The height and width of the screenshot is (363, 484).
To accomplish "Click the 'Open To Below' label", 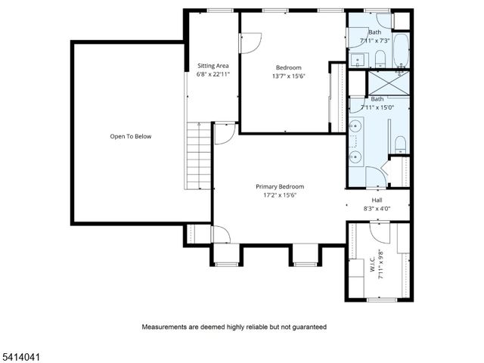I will (131, 136).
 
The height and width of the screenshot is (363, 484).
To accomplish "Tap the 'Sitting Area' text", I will (213, 66).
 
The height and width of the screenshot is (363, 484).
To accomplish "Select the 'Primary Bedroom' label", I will (280, 186).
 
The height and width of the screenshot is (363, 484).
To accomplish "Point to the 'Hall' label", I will (376, 200).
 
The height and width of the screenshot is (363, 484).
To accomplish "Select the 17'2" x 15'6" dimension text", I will (280, 195).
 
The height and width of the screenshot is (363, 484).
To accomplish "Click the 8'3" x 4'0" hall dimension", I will (376, 208).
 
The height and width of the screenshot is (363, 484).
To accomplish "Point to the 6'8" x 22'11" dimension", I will (213, 75).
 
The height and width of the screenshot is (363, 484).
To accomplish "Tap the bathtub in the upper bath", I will (401, 50).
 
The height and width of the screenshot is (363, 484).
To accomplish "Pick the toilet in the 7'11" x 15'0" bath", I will (401, 144).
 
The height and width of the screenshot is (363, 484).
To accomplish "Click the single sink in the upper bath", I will (356, 57).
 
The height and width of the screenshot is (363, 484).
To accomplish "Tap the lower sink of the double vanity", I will (355, 157).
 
